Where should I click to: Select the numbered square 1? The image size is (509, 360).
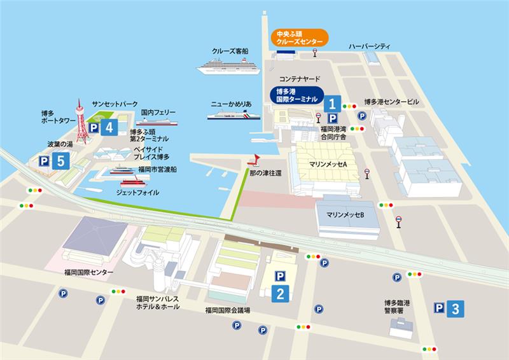click(x=331, y=103)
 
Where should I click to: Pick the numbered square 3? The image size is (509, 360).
click(x=454, y=308)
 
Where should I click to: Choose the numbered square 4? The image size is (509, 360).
click(x=109, y=127)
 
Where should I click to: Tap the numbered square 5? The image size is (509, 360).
click(x=60, y=161)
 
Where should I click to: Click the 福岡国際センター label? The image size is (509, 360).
click(x=88, y=272)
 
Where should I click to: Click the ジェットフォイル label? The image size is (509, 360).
click(x=138, y=192)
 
